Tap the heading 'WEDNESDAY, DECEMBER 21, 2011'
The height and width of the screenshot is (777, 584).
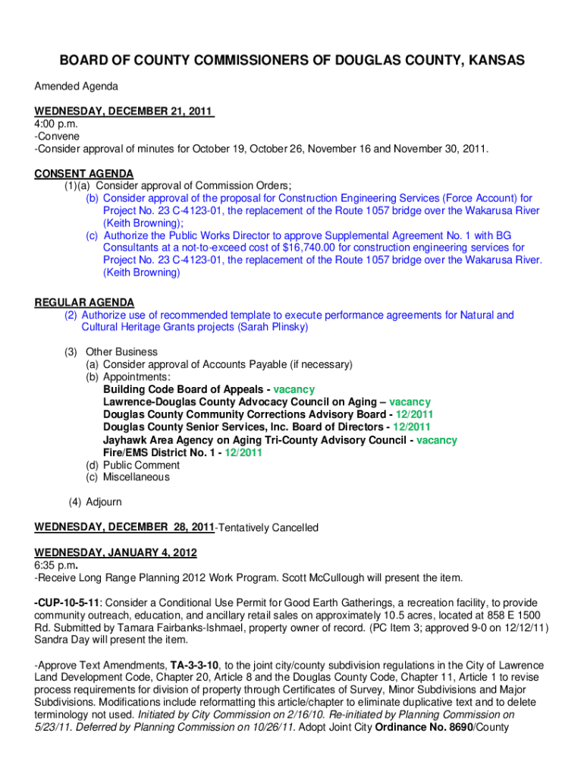click(x=124, y=111)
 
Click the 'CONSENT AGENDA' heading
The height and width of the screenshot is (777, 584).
click(x=83, y=173)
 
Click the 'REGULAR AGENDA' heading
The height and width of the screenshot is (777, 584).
click(x=84, y=302)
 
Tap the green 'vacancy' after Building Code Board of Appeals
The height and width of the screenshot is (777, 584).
click(x=294, y=389)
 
